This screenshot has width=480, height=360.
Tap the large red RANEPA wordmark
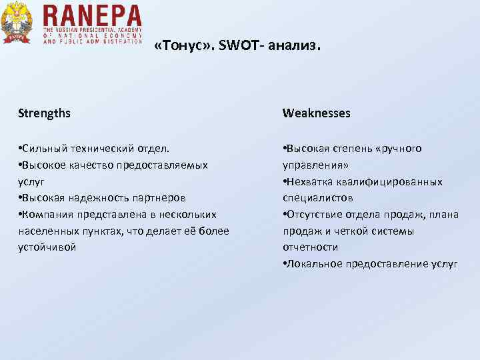point(92,15)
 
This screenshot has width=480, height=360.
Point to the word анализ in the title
point(297,47)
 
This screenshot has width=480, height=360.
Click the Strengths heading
point(44,113)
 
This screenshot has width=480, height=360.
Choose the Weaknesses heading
point(316,113)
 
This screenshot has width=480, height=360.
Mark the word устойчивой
point(47,247)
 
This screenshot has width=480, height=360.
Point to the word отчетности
point(310,247)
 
